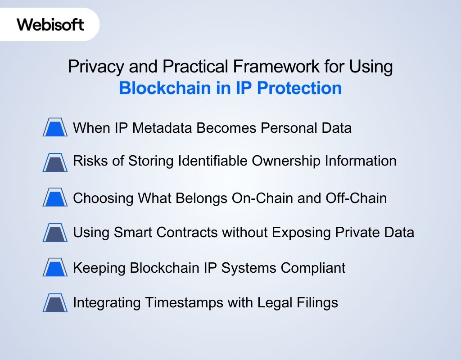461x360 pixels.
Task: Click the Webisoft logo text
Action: click(x=50, y=24)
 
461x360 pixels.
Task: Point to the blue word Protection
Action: click(x=299, y=88)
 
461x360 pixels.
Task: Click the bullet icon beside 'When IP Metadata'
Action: click(x=55, y=128)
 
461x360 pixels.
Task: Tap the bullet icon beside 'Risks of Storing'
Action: click(x=55, y=162)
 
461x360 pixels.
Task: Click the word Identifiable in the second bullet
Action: click(x=212, y=161)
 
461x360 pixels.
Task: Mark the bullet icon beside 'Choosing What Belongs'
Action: click(x=55, y=198)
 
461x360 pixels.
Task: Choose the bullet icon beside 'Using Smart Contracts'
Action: click(x=55, y=233)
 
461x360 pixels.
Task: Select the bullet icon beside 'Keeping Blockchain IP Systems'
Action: click(x=55, y=268)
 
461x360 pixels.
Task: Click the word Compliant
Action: click(x=313, y=268)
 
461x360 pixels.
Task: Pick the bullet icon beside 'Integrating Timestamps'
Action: click(x=55, y=303)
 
